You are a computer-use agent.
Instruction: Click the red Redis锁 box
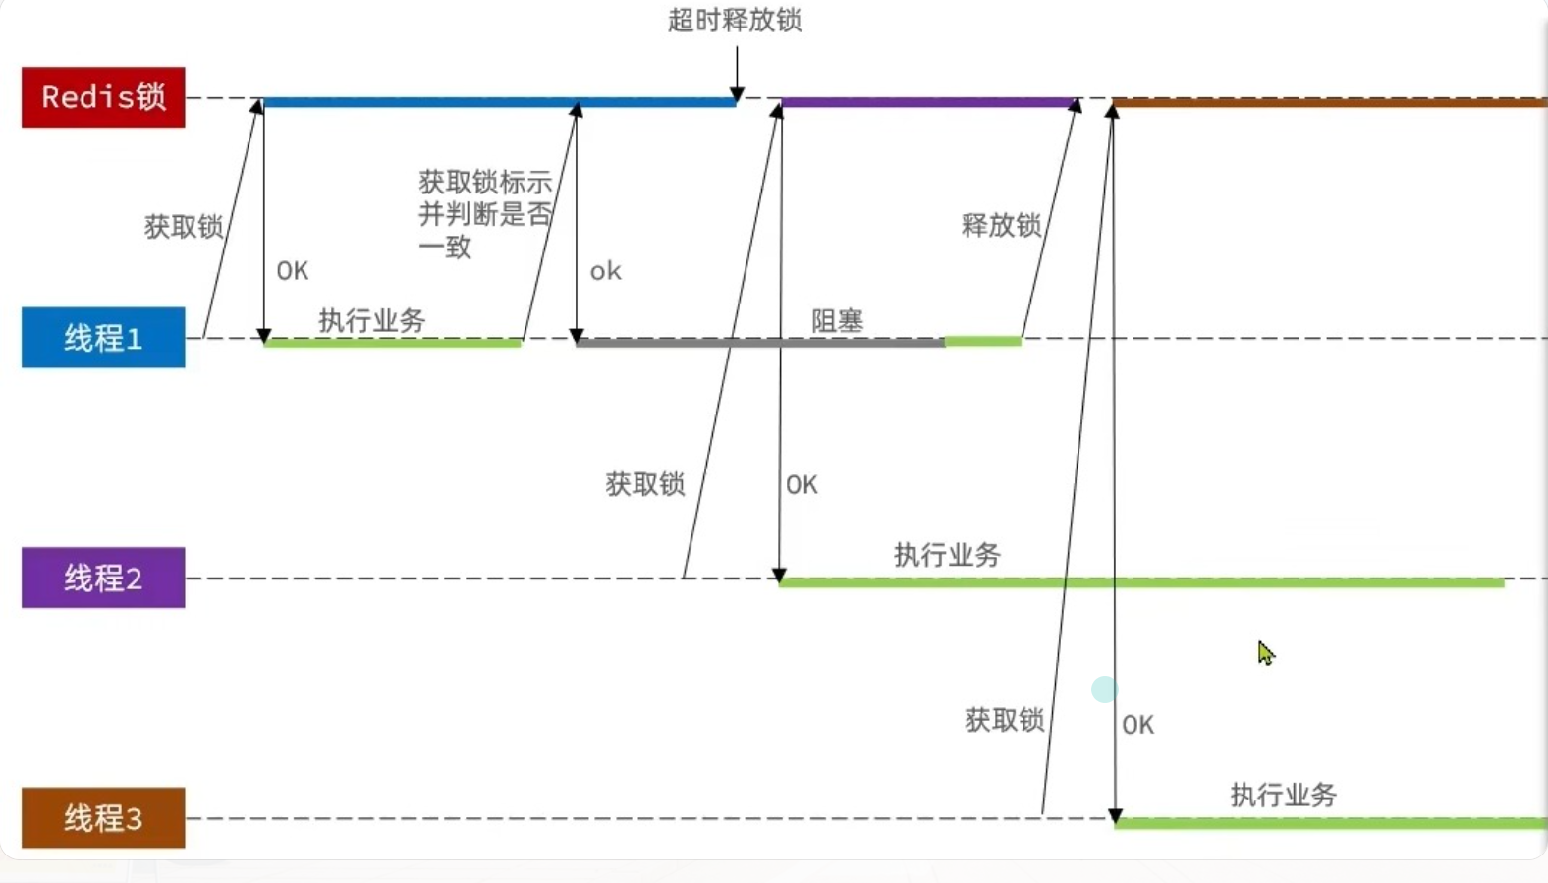103,97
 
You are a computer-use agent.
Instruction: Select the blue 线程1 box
103,338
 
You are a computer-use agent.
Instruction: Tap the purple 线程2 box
103,578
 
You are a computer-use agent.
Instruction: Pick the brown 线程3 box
103,817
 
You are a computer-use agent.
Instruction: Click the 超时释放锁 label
735,21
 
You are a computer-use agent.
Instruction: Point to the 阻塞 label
837,320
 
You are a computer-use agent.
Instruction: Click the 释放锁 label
1001,225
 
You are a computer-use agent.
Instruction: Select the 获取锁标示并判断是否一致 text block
485,213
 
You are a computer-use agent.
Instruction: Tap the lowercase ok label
605,271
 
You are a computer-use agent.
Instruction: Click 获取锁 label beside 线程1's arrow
184,227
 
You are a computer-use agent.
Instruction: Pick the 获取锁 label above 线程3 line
1004,720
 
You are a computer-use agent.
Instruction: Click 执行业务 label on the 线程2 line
947,555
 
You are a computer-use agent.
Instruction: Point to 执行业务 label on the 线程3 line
1283,795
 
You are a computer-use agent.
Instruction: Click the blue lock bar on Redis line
499,102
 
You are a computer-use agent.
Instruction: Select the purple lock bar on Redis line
927,102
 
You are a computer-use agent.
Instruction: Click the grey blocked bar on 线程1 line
760,343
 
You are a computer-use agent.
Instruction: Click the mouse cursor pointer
1265,652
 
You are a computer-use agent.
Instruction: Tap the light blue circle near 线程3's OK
1104,690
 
